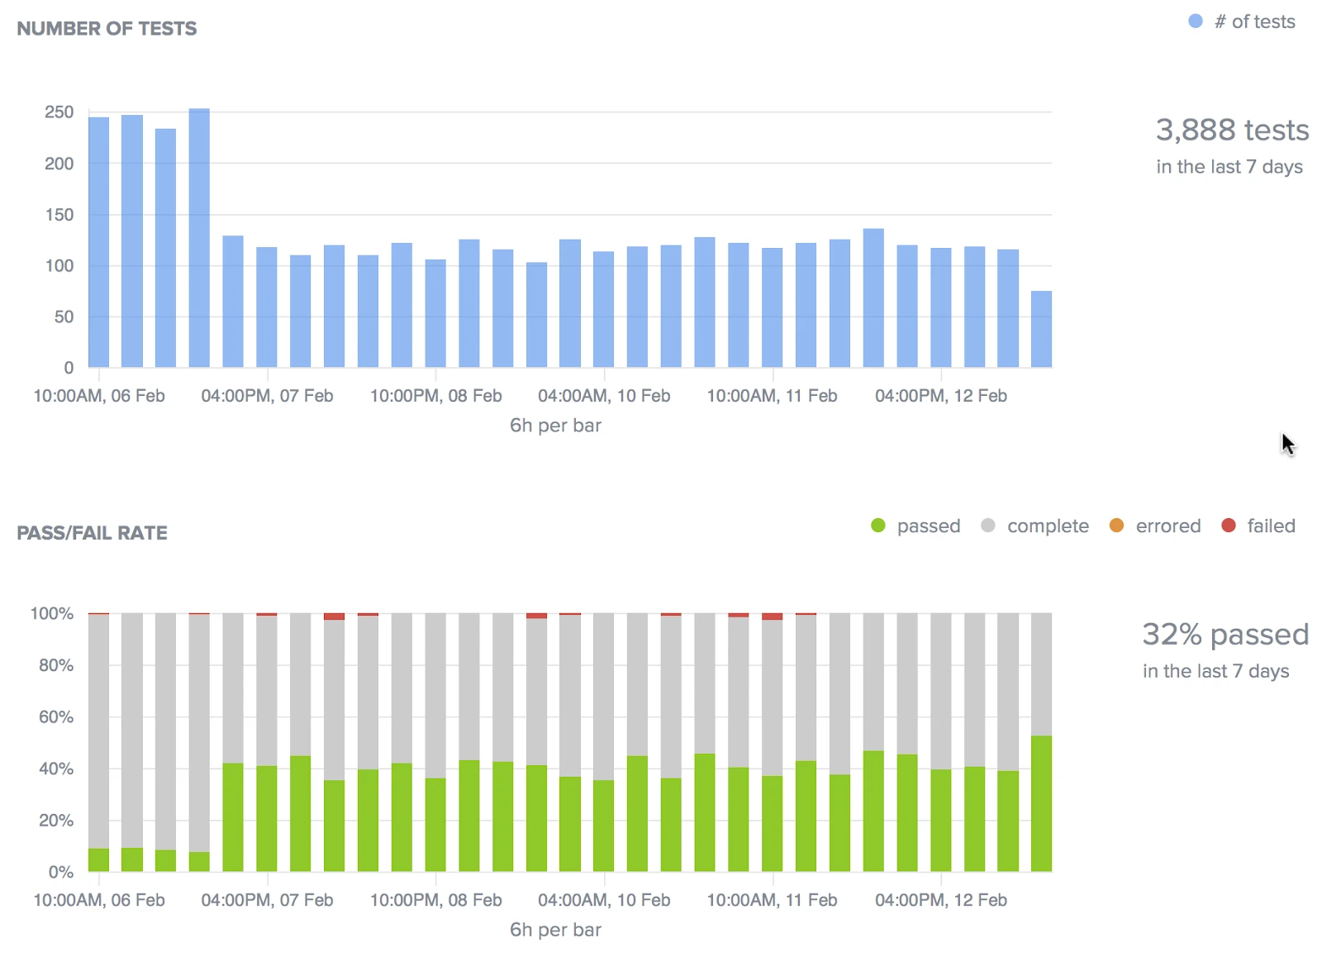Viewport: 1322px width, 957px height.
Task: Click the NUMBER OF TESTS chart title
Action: [x=107, y=29]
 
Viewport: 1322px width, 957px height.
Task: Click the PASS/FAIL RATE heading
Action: [x=92, y=533]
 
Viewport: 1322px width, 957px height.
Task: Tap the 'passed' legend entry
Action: [x=916, y=526]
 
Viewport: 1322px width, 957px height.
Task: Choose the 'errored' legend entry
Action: [x=1155, y=526]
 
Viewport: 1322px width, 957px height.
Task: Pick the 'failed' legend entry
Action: [x=1258, y=526]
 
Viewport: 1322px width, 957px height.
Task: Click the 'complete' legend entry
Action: [x=1035, y=526]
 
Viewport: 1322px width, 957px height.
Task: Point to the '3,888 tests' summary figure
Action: [x=1232, y=131]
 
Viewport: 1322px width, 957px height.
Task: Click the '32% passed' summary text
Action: [x=1225, y=635]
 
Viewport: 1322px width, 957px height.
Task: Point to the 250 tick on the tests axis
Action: [x=59, y=112]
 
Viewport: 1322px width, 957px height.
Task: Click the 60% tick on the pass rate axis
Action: [x=56, y=717]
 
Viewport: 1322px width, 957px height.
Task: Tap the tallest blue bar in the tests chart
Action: [x=199, y=238]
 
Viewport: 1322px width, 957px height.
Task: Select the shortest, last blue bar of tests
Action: [x=1041, y=330]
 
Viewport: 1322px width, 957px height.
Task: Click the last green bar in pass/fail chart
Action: [x=1041, y=803]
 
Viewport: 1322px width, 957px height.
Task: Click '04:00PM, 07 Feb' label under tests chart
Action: [x=267, y=396]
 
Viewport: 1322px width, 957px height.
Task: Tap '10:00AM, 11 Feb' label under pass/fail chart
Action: [x=772, y=900]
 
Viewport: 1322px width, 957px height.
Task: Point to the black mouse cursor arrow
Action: [x=1287, y=443]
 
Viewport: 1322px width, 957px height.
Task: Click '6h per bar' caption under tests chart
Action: [x=555, y=426]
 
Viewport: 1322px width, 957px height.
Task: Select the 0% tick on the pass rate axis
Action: [x=60, y=872]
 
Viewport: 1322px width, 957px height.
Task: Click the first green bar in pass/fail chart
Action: [x=98, y=859]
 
